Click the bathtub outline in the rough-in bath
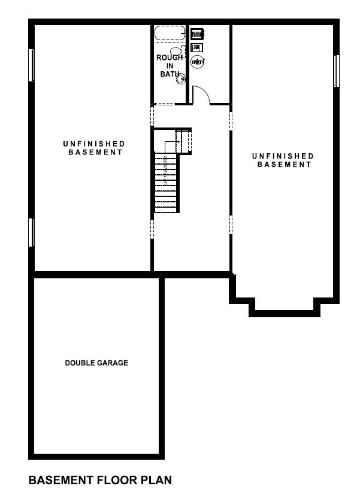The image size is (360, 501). click(170, 34)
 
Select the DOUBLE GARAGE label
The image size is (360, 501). click(96, 363)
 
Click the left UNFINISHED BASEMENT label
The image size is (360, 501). click(93, 148)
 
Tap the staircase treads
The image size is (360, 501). click(167, 183)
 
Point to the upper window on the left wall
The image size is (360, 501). click(31, 65)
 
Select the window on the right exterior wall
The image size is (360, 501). click(337, 70)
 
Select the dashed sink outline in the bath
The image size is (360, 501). click(176, 50)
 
